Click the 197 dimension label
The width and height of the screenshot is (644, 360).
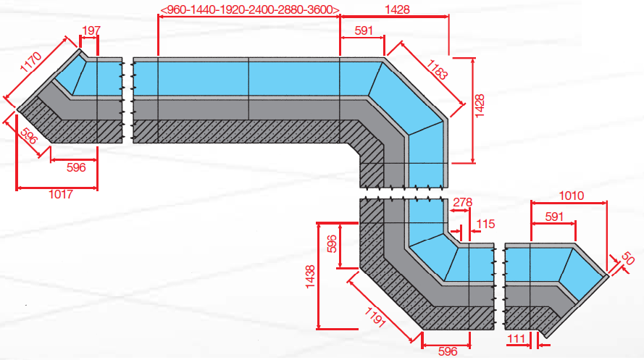pos(91,30)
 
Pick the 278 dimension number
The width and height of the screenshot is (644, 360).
pos(461,203)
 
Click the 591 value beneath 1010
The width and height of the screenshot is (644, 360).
pos(553,215)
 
